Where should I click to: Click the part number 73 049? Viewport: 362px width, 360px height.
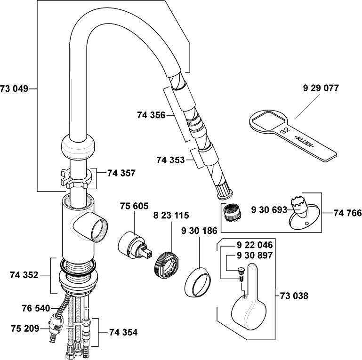(x=15, y=88)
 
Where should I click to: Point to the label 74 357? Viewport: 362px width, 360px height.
(x=121, y=173)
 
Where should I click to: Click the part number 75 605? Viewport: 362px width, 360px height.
(x=134, y=206)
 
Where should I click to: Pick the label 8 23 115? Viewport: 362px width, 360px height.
(x=170, y=216)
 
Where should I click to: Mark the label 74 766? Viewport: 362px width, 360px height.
(x=344, y=212)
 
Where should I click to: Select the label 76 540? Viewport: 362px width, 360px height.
(x=36, y=309)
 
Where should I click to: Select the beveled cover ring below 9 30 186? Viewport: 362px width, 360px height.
(x=198, y=283)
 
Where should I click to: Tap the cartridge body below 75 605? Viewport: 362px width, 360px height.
(x=130, y=244)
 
